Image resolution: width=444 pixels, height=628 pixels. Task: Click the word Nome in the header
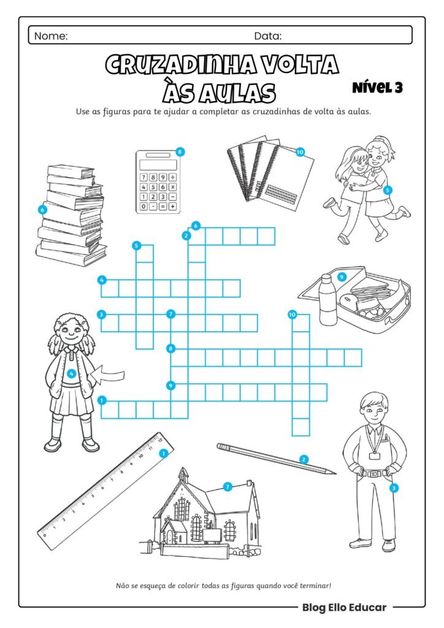pos(51,36)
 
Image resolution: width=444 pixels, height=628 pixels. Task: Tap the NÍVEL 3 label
pos(378,87)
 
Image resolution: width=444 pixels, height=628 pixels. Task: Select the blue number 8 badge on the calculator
pos(180,152)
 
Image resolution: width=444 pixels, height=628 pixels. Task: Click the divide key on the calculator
pos(172,177)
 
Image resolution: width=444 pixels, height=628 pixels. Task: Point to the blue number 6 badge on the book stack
pos(42,209)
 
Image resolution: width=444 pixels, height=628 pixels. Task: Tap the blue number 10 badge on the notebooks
pos(300,152)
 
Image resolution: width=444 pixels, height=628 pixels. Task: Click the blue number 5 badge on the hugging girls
pos(387,190)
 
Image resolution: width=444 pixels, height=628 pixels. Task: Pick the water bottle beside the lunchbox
pos(328,299)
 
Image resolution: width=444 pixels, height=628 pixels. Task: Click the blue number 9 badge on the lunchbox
pos(342,277)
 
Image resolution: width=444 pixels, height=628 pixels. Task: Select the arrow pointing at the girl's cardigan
pos(107,375)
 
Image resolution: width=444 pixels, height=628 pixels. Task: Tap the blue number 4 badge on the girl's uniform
pos(71,373)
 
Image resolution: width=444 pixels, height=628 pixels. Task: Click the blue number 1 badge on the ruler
pos(163,453)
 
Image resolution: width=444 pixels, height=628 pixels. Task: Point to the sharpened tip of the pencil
pos(335,473)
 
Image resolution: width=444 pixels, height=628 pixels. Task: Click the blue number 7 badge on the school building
pos(228,486)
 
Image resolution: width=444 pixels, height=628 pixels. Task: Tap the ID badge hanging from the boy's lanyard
pos(375,456)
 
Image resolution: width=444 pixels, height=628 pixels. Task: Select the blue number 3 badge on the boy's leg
pos(394,488)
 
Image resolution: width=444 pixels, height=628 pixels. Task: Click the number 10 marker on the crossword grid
pos(293,315)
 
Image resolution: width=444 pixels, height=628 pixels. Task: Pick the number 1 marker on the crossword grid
pos(102,400)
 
